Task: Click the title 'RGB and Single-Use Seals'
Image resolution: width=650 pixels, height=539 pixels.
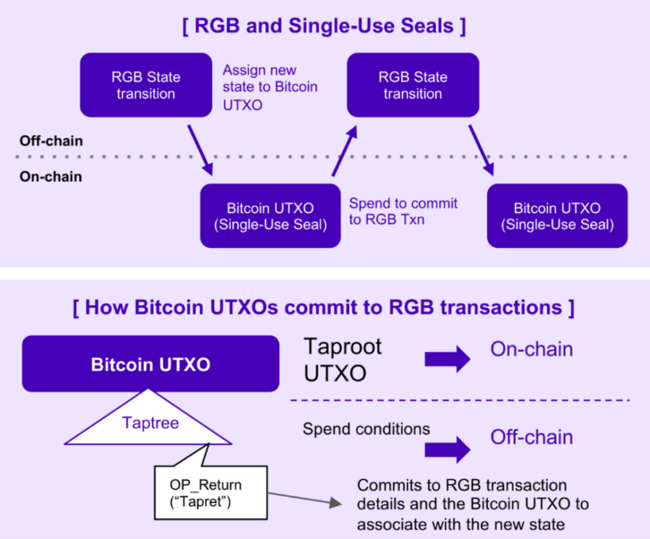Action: click(324, 27)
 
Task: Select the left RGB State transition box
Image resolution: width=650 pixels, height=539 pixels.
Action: click(146, 85)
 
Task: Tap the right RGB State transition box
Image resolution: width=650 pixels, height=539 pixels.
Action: click(413, 85)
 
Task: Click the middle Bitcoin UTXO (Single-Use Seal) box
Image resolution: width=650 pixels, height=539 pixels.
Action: click(270, 216)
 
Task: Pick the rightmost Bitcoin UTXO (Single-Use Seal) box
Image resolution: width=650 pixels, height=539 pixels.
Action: click(557, 216)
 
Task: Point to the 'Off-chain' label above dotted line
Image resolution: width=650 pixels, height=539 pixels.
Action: click(42, 141)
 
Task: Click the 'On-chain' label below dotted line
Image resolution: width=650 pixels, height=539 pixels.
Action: click(42, 177)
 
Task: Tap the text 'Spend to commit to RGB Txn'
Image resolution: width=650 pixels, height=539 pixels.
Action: click(403, 211)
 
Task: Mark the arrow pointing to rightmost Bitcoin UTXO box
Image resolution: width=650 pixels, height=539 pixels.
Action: click(481, 150)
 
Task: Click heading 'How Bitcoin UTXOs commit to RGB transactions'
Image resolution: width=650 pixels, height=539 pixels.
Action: click(324, 307)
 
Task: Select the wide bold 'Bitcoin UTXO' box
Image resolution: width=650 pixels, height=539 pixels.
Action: click(150, 364)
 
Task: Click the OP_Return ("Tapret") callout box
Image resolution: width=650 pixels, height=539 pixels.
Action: click(210, 492)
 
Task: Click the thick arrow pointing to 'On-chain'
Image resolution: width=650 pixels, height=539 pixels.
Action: click(447, 359)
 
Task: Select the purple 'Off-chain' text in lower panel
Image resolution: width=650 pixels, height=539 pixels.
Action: click(531, 437)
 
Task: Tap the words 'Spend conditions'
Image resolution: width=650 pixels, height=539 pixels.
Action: click(366, 428)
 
